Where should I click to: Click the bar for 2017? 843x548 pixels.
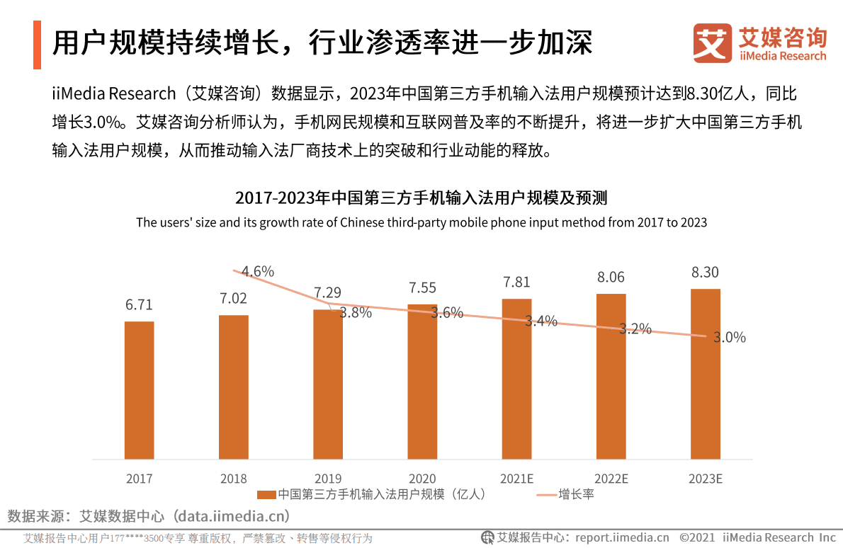(140, 390)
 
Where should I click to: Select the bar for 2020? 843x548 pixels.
(422, 382)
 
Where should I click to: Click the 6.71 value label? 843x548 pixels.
(139, 304)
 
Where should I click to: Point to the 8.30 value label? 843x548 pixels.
(706, 272)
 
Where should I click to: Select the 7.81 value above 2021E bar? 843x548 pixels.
(516, 282)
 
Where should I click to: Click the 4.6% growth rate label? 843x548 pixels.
(258, 271)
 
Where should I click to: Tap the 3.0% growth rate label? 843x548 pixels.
(729, 338)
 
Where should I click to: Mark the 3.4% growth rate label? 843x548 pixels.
(541, 321)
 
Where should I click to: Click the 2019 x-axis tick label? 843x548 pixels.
(328, 479)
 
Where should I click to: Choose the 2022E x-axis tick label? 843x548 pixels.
(611, 479)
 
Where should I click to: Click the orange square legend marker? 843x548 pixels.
(266, 494)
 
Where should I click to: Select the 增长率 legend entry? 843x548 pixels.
(575, 494)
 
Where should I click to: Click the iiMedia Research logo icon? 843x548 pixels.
(712, 43)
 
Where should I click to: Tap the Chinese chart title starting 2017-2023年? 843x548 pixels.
(421, 197)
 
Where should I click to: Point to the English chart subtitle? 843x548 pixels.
(421, 222)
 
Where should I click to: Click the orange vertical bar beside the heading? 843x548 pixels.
(37, 45)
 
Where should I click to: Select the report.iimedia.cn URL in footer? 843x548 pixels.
(622, 537)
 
